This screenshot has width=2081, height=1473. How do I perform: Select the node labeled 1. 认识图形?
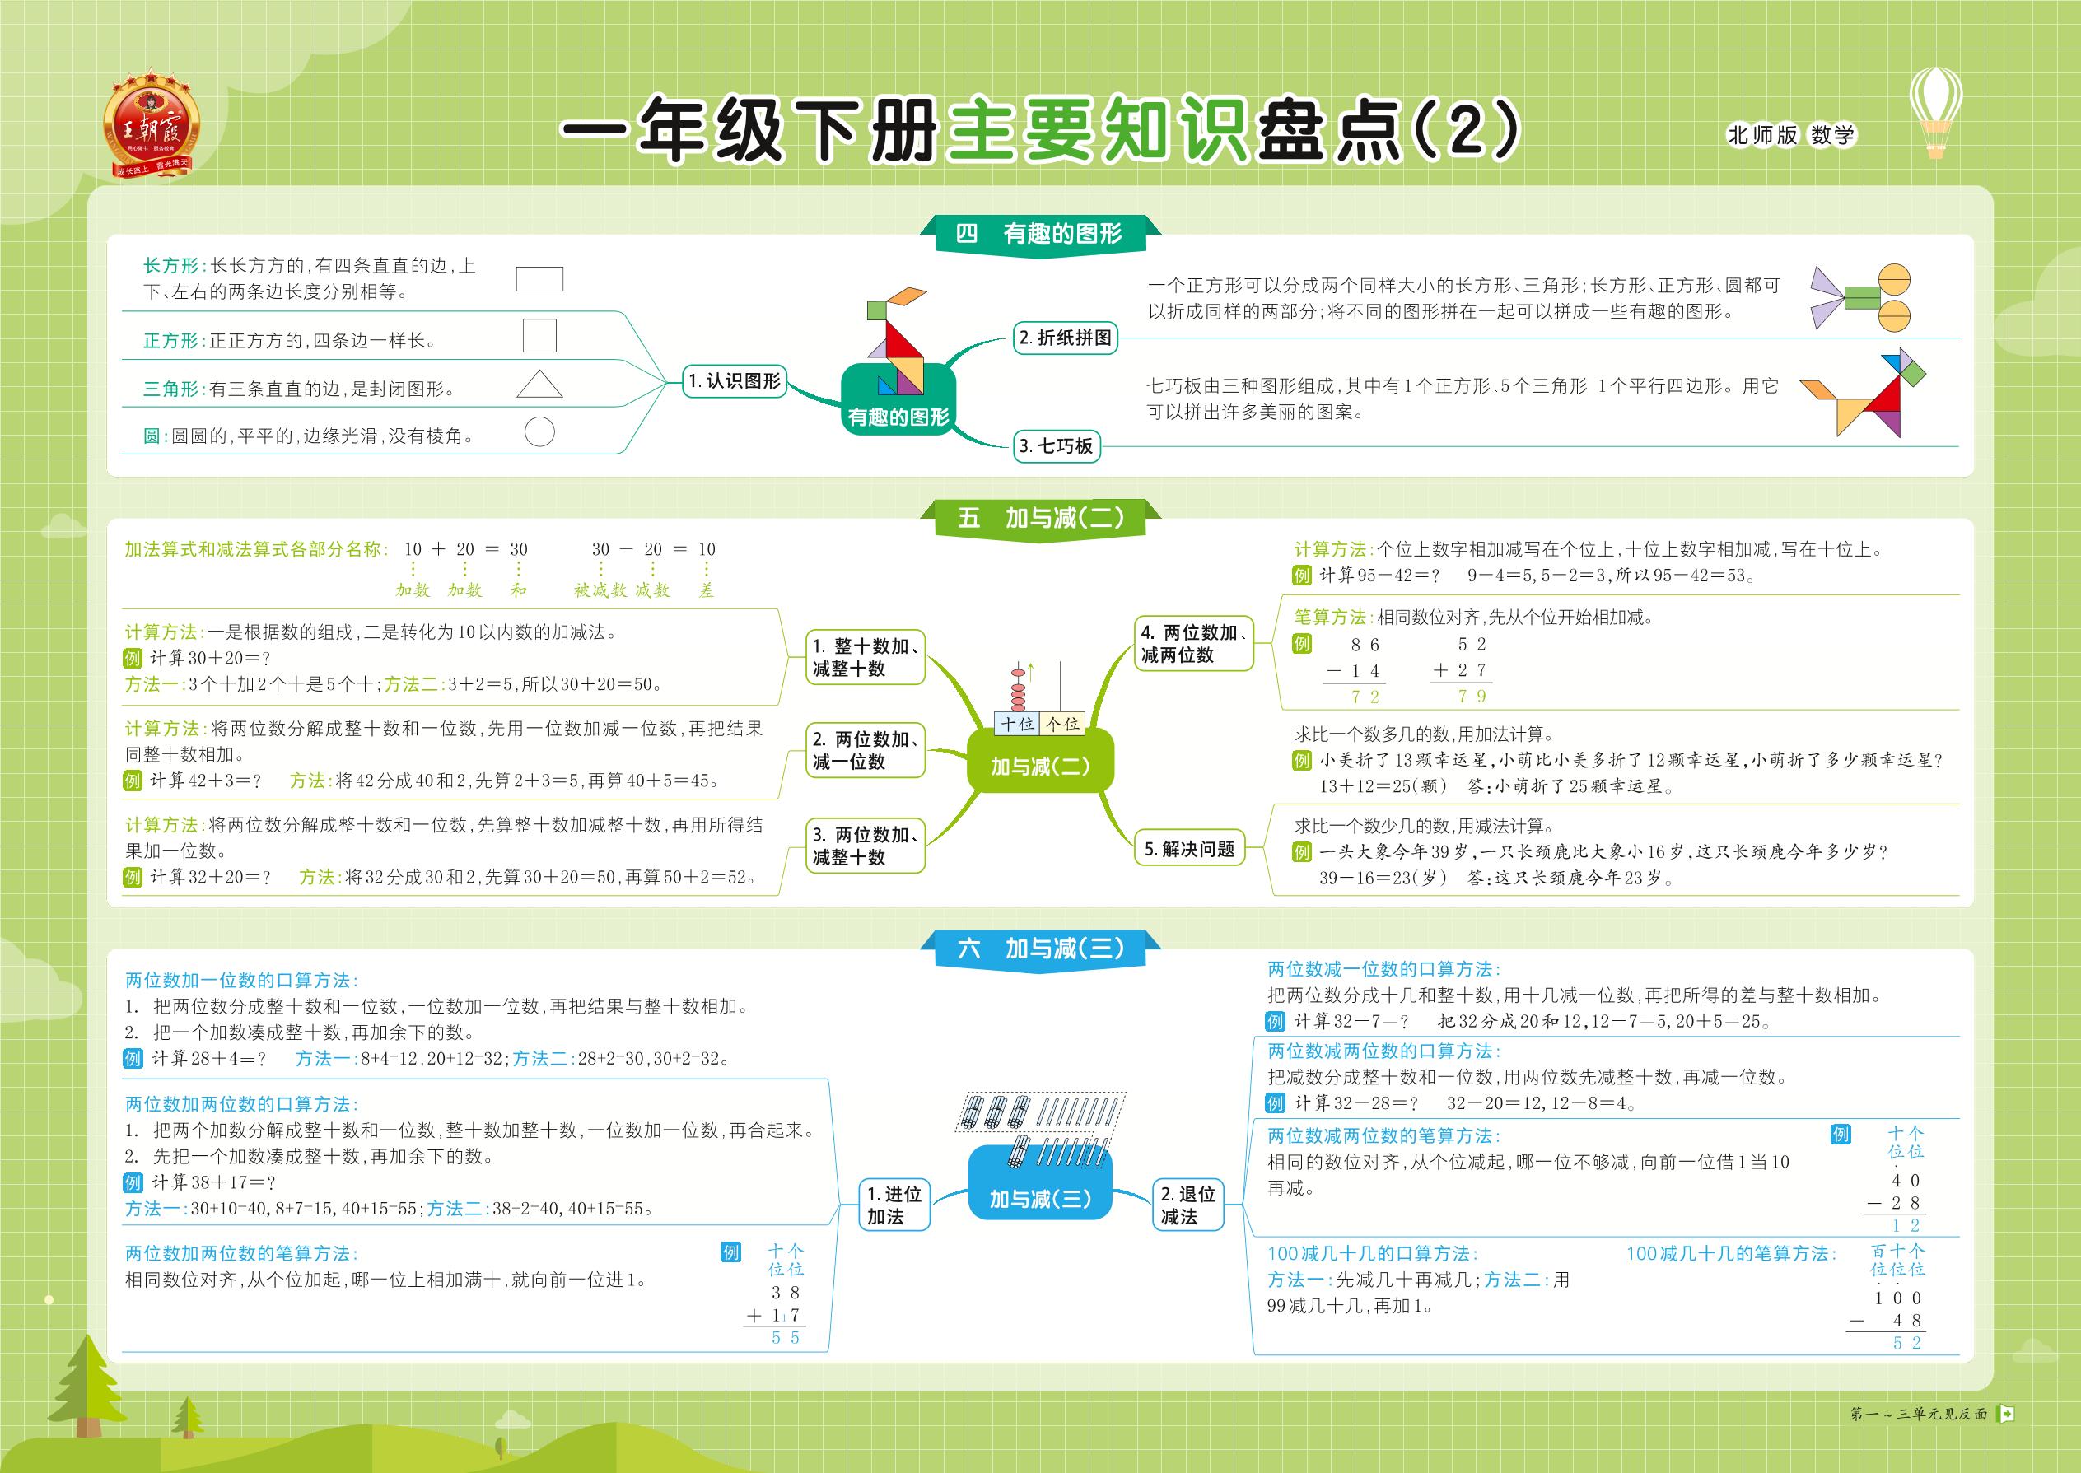coord(735,381)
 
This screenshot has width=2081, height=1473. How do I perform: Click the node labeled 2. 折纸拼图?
coord(1066,338)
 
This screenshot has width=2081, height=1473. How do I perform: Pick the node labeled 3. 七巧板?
coord(1056,445)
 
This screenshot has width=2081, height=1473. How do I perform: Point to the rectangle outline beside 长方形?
coord(539,278)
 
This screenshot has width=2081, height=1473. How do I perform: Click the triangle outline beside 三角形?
coord(539,384)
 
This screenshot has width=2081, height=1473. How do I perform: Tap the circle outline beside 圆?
coord(539,431)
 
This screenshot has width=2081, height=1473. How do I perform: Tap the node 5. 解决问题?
coord(1190,849)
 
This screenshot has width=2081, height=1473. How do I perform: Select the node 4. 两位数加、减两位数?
coord(1194,644)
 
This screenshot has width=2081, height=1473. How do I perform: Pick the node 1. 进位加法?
coord(894,1205)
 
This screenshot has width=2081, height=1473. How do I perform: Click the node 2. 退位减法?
coord(1187,1205)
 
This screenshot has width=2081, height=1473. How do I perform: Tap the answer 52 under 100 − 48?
coord(1906,1343)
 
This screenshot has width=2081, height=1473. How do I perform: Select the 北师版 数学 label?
coord(1790,135)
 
